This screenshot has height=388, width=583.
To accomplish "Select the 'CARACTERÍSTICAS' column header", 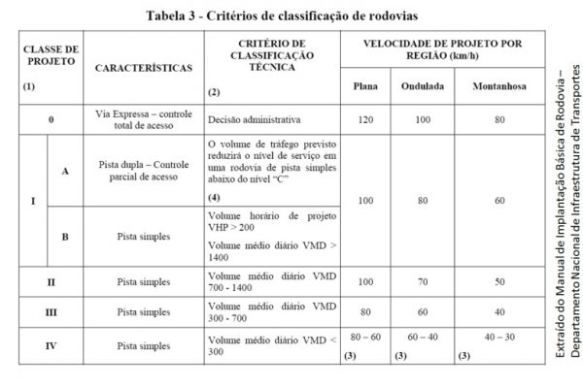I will click(144, 70).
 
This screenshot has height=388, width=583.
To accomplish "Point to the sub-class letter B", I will click(65, 235).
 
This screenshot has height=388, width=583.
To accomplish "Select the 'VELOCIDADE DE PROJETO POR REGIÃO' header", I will click(443, 49).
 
